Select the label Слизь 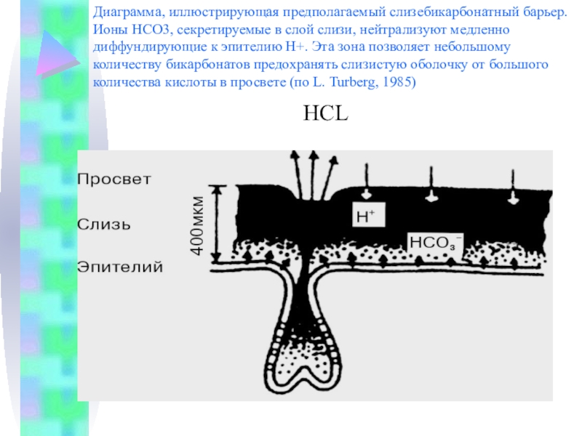pos(105,225)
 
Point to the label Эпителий pos(121,267)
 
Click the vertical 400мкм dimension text pos(196,225)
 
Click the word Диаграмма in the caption pos(129,14)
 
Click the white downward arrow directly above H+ pos(365,190)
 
